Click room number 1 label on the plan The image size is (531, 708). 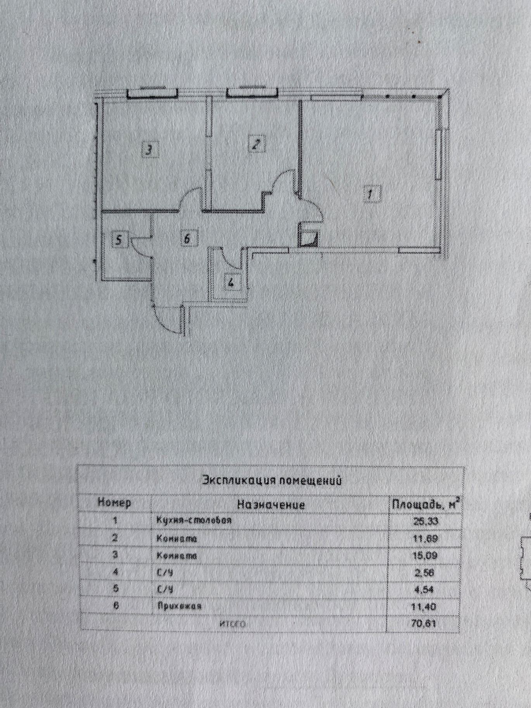(x=370, y=193)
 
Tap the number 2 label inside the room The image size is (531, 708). (x=256, y=144)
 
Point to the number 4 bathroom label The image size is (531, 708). (x=231, y=282)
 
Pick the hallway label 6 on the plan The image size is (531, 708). (x=187, y=238)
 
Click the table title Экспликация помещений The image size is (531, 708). (x=272, y=481)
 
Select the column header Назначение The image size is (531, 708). (x=271, y=504)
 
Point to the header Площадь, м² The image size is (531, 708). (x=426, y=504)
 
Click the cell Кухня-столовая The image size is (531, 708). (x=194, y=520)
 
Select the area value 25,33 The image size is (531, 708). (x=425, y=521)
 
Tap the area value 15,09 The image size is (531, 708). (x=425, y=556)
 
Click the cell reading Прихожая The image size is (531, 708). (x=179, y=606)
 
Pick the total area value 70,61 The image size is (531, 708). (x=424, y=623)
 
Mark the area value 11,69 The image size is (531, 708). (x=425, y=538)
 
